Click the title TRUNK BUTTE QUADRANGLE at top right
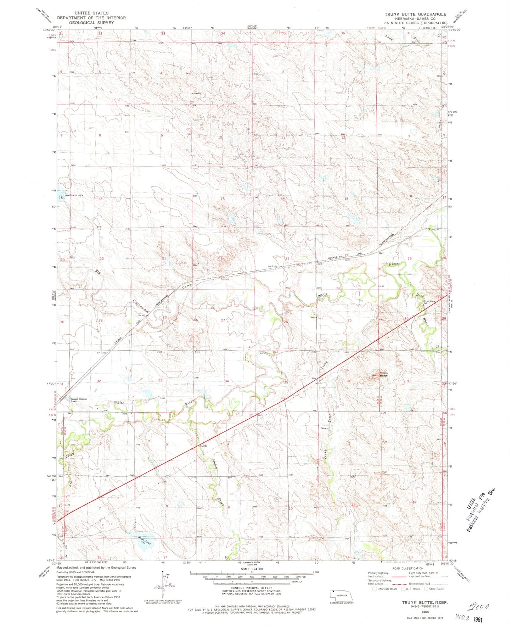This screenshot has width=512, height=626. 415,14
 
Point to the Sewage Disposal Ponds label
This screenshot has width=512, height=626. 78,400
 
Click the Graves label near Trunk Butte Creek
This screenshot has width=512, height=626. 324,428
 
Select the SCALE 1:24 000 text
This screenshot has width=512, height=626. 251,569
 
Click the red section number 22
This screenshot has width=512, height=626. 220,257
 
